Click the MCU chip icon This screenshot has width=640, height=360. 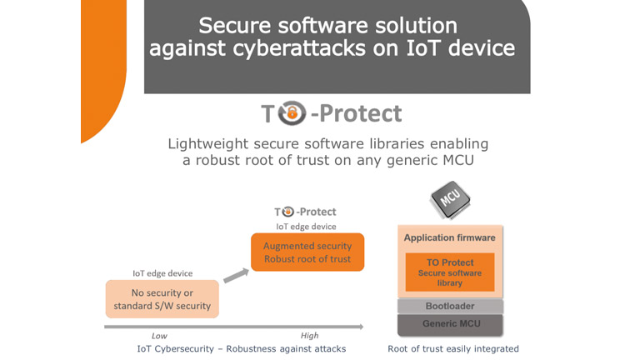click(450, 200)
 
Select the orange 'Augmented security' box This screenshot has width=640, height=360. click(307, 252)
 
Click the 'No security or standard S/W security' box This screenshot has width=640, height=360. click(162, 298)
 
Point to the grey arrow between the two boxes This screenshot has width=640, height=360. click(235, 274)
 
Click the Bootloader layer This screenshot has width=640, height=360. click(450, 306)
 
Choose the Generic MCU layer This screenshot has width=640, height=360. click(450, 323)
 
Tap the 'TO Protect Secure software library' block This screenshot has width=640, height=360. click(450, 272)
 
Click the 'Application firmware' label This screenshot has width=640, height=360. click(450, 237)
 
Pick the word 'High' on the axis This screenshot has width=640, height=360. click(309, 336)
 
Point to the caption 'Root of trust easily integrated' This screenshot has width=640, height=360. click(453, 348)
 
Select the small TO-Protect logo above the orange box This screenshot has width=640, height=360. click(306, 212)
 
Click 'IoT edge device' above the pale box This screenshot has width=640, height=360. click(162, 273)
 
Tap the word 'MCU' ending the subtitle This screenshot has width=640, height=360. click(454, 160)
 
